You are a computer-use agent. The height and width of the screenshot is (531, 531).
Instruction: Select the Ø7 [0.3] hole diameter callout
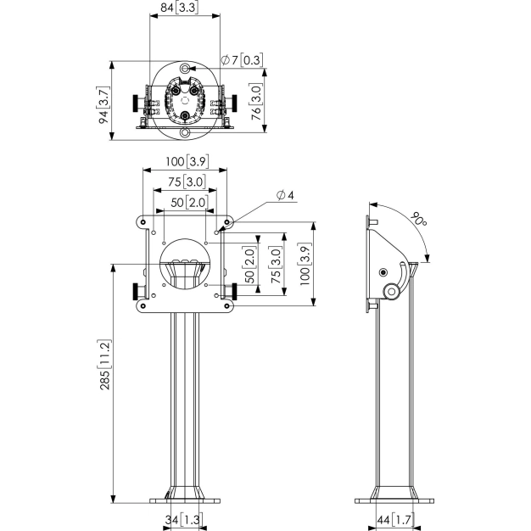[x=242, y=60]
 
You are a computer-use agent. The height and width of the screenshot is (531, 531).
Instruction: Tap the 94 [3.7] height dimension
[x=103, y=104]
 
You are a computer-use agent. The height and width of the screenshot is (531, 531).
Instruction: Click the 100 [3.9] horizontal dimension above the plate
[x=186, y=162]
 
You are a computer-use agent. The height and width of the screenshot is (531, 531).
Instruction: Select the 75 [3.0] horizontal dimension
[x=186, y=182]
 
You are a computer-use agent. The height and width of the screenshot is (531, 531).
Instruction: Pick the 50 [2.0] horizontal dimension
[x=186, y=202]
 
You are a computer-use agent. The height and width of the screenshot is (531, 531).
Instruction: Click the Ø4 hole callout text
[x=285, y=196]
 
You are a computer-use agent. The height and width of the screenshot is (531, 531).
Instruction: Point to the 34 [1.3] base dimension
[x=185, y=520]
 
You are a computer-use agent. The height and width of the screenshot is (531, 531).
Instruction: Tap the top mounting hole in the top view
[x=185, y=67]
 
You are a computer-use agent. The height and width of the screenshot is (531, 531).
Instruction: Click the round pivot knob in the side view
[x=392, y=291]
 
